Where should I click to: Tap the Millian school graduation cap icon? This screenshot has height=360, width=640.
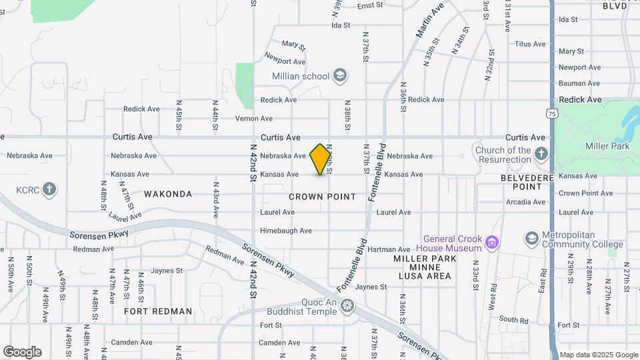tap(340, 75)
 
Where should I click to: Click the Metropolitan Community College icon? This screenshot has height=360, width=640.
tap(531, 238)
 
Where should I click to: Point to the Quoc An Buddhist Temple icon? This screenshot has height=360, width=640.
tap(347, 306)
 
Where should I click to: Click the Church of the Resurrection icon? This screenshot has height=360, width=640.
tap(541, 154)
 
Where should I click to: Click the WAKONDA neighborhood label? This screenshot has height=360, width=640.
tap(168, 194)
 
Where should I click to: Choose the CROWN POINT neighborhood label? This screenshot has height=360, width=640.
tap(323, 197)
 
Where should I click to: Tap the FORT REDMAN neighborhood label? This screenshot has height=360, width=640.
tap(158, 311)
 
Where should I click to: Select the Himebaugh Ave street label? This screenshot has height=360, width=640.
tap(286, 231)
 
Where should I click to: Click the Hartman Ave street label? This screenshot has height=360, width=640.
tap(389, 249)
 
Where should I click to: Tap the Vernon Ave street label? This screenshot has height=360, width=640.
tap(254, 119)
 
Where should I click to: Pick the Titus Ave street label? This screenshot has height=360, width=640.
tap(530, 44)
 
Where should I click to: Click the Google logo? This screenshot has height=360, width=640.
tap(22, 352)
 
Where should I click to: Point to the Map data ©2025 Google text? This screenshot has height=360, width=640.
tap(599, 355)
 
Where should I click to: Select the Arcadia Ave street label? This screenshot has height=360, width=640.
tap(525, 202)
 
